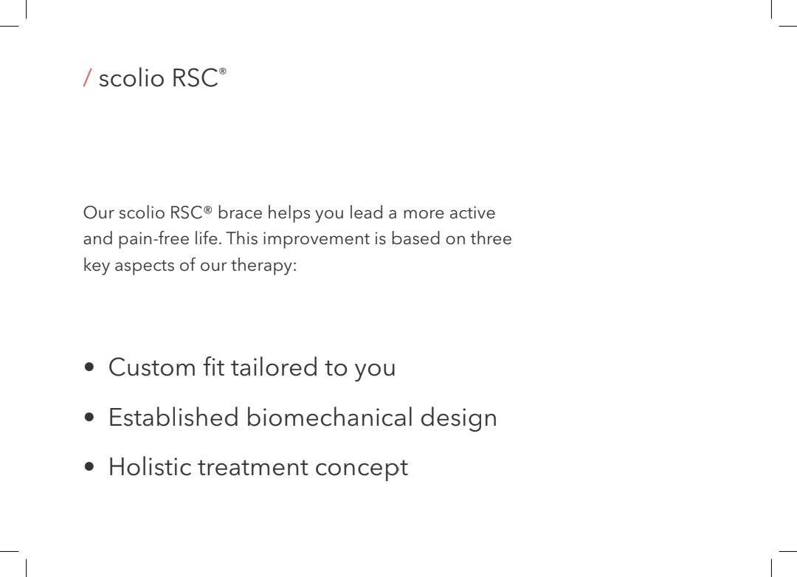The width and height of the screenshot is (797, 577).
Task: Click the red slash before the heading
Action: click(87, 77)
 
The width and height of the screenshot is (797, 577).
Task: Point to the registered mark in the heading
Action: click(223, 71)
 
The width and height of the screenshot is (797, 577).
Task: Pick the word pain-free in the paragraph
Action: click(153, 238)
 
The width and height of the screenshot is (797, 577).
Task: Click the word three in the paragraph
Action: click(491, 238)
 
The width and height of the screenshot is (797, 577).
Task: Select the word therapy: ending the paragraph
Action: click(263, 265)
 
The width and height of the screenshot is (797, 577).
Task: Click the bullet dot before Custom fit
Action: click(89, 367)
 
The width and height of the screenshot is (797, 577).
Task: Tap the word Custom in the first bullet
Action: click(152, 367)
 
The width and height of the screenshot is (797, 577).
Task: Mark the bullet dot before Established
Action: click(89, 418)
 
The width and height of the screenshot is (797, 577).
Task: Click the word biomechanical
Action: click(329, 418)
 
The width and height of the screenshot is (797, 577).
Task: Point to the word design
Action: click(458, 418)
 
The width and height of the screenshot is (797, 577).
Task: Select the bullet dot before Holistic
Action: click(89, 466)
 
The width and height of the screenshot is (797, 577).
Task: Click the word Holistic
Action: click(149, 466)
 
